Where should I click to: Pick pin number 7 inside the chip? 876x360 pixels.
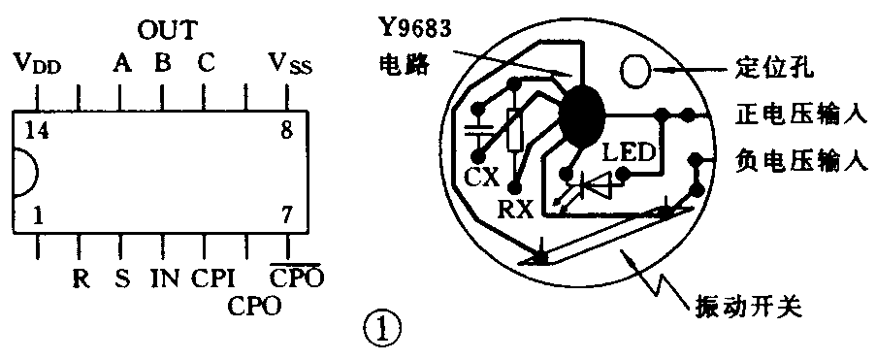coord(285,216)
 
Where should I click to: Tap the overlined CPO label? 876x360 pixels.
coord(296,278)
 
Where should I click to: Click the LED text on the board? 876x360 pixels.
coord(630,152)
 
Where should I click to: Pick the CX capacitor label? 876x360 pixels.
coord(481,177)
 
